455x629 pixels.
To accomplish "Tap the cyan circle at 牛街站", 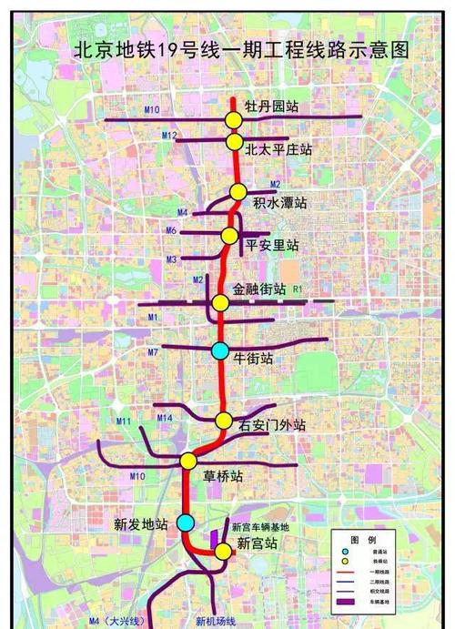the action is (220, 350).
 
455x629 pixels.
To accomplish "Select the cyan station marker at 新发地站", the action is (185, 522).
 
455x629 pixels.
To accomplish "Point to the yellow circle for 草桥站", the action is (188, 461).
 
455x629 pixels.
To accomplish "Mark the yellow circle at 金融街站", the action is (220, 303).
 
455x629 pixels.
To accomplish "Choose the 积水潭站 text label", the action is (280, 201).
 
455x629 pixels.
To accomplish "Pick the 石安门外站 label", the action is (272, 424).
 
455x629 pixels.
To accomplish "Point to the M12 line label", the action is (169, 135).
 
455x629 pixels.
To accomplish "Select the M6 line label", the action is (171, 231).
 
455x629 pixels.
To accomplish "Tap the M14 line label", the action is (165, 418).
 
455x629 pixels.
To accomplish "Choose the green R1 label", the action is (297, 289).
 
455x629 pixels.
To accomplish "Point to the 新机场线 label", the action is (216, 621).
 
